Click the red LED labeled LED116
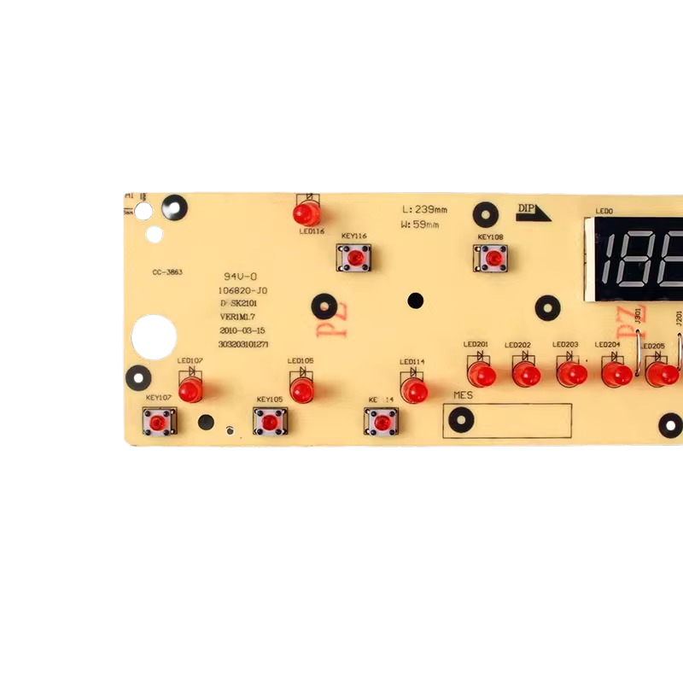(x=306, y=213)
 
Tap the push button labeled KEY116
(x=354, y=255)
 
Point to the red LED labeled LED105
(x=301, y=389)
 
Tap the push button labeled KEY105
(x=270, y=421)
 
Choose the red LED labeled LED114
(x=414, y=390)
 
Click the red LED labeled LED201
(x=482, y=374)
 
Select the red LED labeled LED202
(x=526, y=374)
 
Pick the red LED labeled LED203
(x=572, y=374)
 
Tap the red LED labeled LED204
(x=616, y=374)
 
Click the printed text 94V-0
(x=239, y=277)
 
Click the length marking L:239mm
(x=424, y=210)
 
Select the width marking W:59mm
(x=419, y=225)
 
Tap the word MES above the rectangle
(x=463, y=396)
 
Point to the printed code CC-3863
(x=167, y=272)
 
